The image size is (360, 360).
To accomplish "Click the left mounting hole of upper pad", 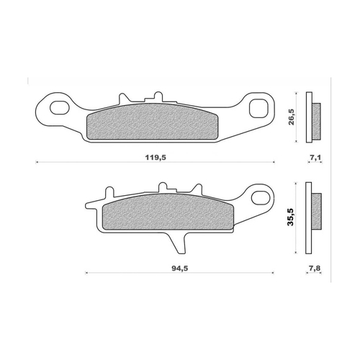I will pyautogui.click(x=57, y=109).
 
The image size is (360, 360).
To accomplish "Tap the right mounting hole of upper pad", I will pyautogui.click(x=256, y=107).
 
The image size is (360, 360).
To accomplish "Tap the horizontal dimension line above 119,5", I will pyautogui.click(x=155, y=165).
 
